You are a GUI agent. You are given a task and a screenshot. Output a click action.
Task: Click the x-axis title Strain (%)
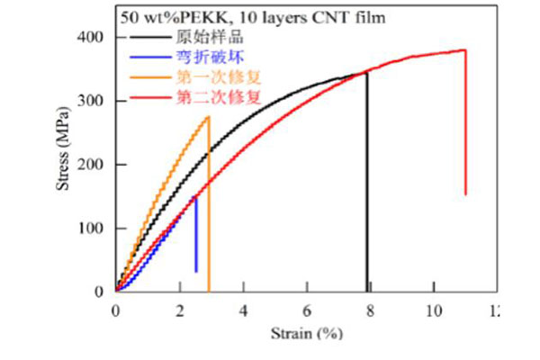click(x=307, y=334)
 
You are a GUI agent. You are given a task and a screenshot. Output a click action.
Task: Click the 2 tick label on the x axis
click(x=179, y=310)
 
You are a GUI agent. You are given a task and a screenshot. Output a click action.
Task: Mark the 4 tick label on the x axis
click(x=243, y=310)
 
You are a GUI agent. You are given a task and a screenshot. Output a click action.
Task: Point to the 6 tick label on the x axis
click(x=307, y=310)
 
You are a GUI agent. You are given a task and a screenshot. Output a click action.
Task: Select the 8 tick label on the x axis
click(x=371, y=310)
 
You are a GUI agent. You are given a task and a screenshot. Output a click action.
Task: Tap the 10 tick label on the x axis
click(x=434, y=310)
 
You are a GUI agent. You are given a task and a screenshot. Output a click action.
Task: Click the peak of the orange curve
click(x=208, y=116)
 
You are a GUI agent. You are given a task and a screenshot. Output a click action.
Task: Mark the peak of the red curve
click(x=464, y=50)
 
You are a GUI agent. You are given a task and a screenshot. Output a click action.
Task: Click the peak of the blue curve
click(x=196, y=195)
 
